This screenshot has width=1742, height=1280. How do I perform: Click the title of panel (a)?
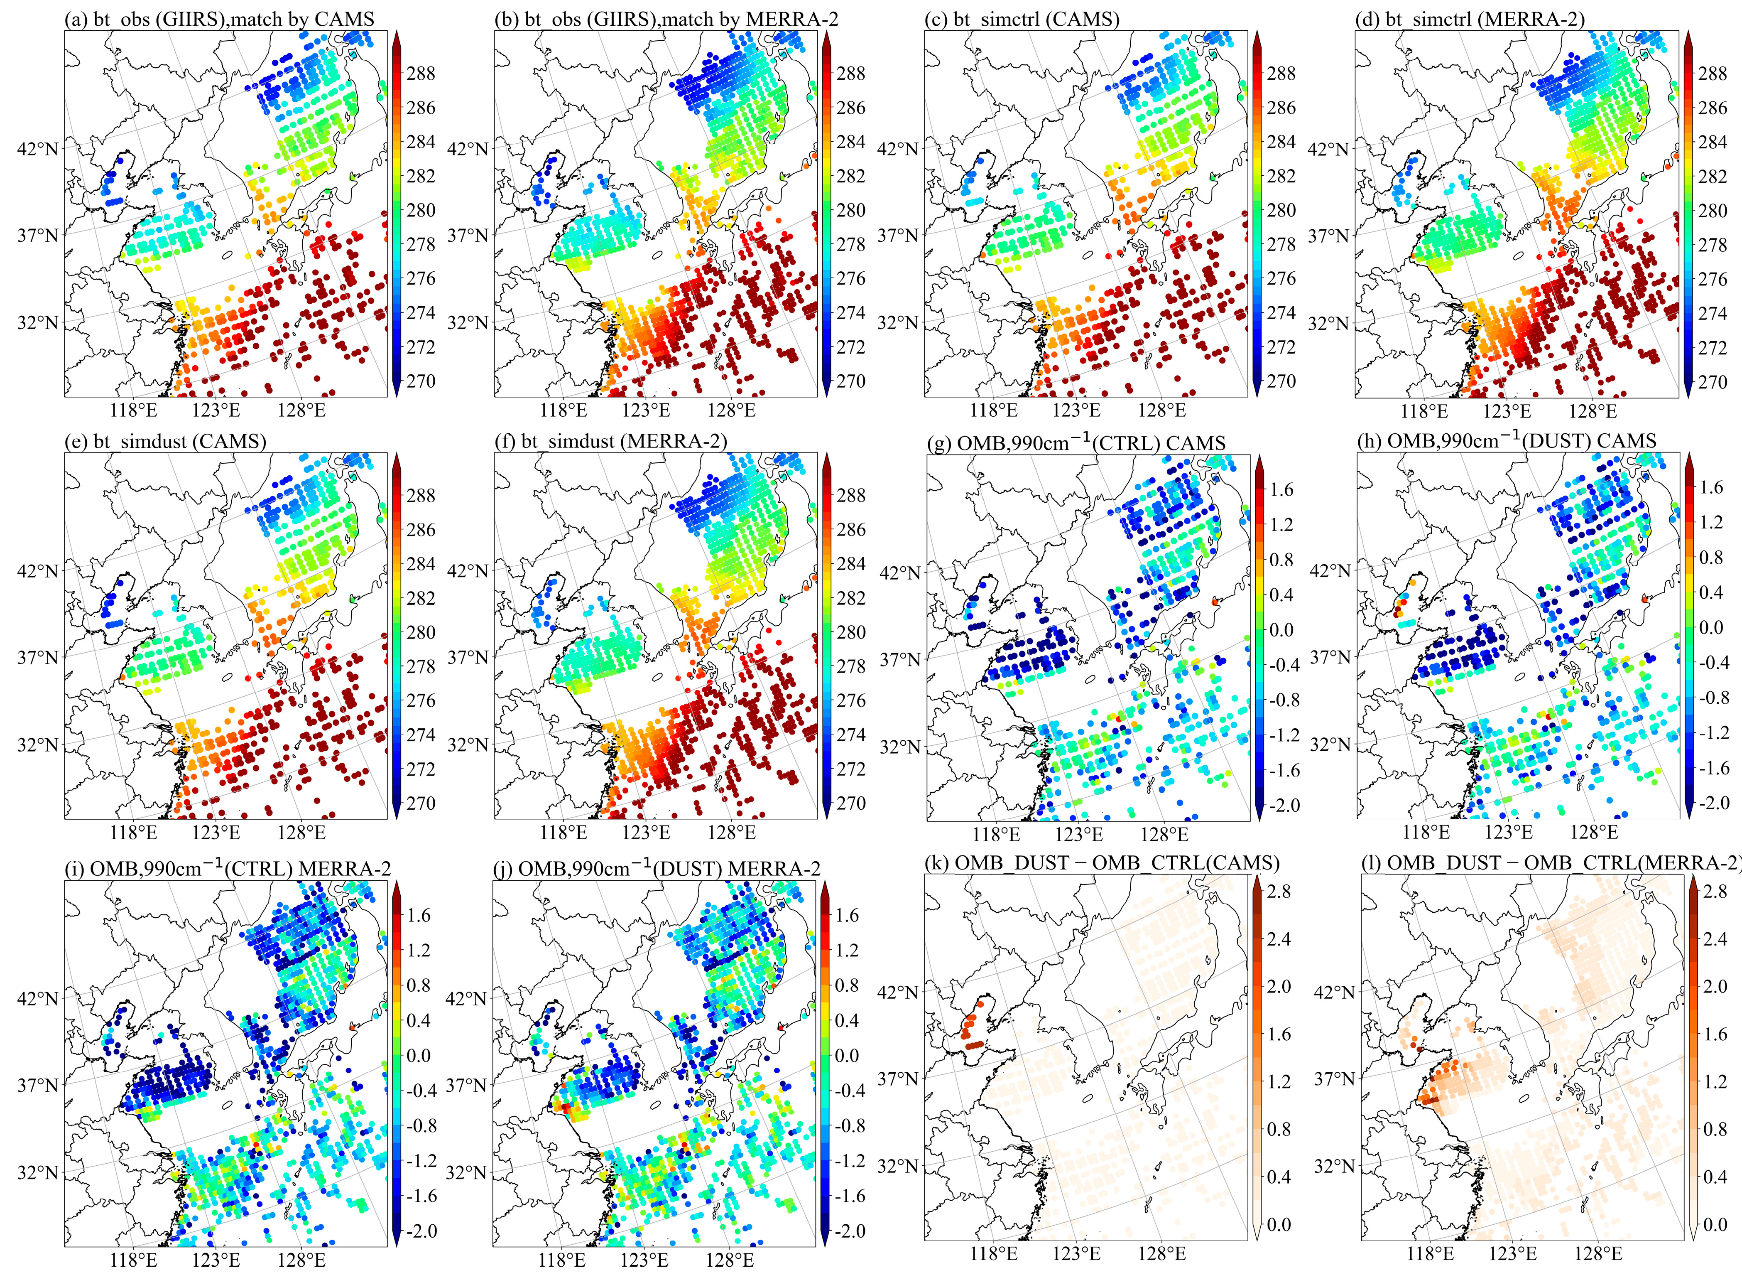(219, 19)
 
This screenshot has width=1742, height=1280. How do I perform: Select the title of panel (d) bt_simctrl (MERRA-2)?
(1458, 19)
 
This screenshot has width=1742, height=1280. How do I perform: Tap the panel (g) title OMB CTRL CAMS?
(1077, 442)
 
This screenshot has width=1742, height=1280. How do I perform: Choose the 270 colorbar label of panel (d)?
(1712, 382)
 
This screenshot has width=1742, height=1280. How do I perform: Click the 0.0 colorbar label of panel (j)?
(848, 1055)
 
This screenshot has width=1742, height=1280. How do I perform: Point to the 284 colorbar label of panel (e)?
(421, 564)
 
